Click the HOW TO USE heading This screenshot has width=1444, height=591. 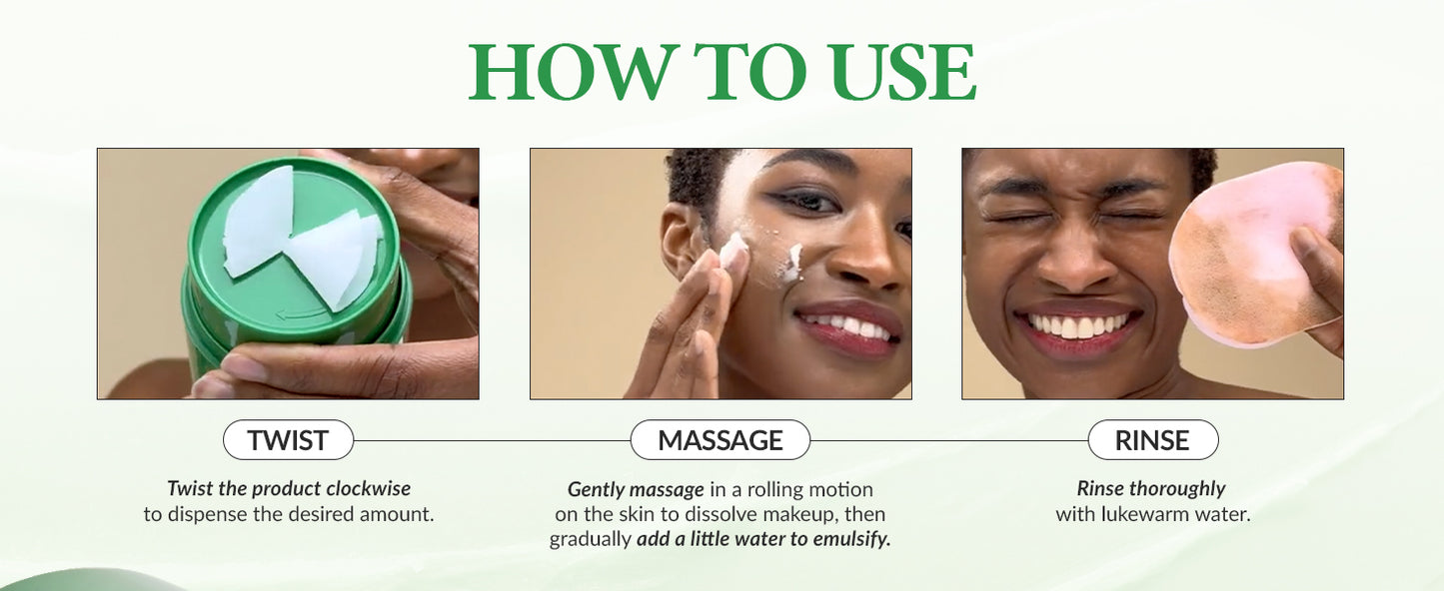(x=722, y=72)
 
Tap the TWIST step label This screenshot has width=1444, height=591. (x=288, y=440)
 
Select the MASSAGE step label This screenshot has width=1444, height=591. (x=721, y=440)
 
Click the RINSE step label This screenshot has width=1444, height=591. (x=1152, y=440)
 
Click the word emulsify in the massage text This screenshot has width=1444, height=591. (x=851, y=539)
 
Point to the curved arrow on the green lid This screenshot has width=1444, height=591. (x=300, y=313)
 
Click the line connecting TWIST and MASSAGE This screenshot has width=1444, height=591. (x=492, y=441)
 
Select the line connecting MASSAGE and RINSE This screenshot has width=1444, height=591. (x=949, y=441)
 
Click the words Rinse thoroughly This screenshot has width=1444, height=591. (x=1151, y=488)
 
